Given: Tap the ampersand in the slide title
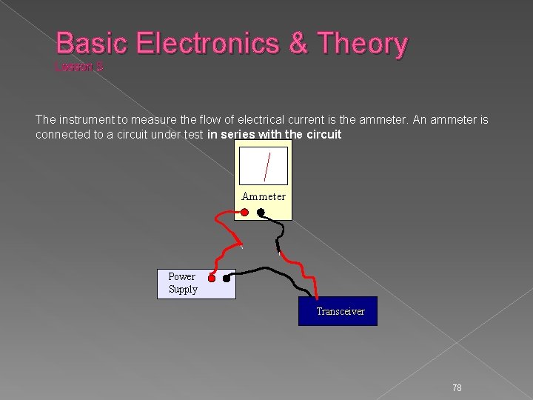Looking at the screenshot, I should pos(298,44).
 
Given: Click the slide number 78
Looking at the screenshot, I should pos(457,388).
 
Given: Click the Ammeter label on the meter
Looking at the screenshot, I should pos(264,196).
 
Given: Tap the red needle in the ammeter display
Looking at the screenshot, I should pos(265,165).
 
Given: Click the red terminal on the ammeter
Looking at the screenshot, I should pos(245,212).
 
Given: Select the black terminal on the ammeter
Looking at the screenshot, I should pos(261,212).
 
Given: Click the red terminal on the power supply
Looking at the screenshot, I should pos(211,279).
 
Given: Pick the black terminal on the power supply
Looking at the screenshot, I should pos(227,279).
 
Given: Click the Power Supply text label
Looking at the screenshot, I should pos(182,283).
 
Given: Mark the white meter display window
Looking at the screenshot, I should pos(264,166).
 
